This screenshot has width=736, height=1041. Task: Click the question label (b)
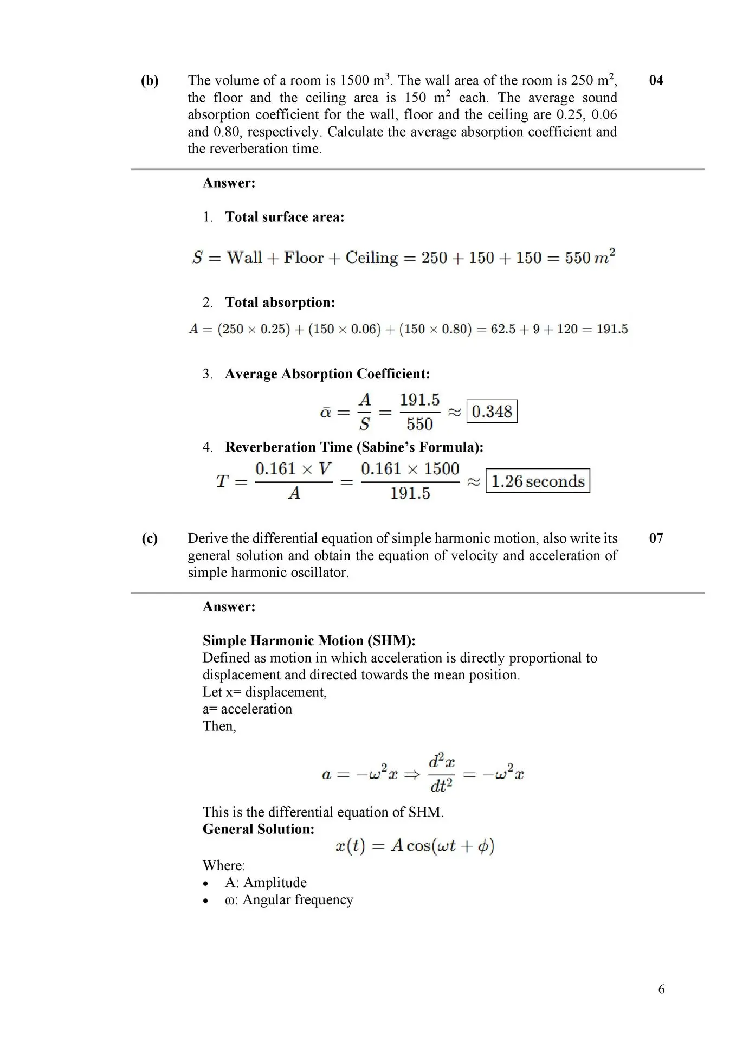point(150,81)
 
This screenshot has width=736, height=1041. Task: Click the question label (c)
point(150,538)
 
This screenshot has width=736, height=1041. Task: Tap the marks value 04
point(656,81)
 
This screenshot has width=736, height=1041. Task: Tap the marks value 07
point(656,538)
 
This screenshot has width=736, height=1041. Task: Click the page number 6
point(661,989)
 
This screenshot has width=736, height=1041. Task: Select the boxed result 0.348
point(492,412)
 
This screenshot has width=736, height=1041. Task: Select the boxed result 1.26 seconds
point(538,481)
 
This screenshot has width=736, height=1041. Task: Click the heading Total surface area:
point(285,217)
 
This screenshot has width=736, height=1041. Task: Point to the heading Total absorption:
point(280,303)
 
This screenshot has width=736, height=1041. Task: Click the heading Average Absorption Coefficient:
point(327,374)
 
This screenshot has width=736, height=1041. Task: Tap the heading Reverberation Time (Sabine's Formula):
point(354,447)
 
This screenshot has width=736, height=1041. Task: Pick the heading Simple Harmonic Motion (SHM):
point(309,641)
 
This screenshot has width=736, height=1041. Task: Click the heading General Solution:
point(259,829)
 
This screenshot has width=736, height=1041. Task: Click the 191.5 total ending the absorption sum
point(612,329)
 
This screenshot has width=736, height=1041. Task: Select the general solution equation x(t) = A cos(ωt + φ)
point(415,846)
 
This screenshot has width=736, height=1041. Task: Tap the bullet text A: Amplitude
point(266,883)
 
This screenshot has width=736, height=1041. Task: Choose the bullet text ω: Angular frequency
point(289,900)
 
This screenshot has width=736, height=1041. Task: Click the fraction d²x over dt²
point(442,774)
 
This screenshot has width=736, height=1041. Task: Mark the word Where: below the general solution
point(224,865)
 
